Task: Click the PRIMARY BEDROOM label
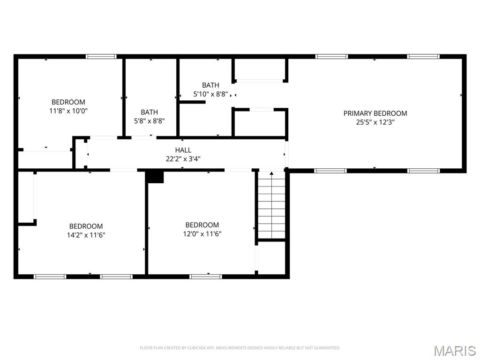(375, 113)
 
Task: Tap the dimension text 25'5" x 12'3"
(375, 122)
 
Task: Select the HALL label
(183, 150)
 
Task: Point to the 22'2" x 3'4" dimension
(183, 159)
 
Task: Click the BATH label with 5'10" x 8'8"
(210, 85)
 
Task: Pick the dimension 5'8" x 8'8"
(150, 121)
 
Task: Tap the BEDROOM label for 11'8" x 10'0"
(68, 102)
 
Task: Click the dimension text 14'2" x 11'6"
(86, 235)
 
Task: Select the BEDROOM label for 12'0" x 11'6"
(202, 225)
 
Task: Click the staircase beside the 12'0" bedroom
(271, 205)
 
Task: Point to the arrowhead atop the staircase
(271, 173)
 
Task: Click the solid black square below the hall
(154, 177)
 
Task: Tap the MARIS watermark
(455, 351)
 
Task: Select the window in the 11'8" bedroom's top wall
(101, 56)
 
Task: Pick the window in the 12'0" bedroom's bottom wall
(206, 277)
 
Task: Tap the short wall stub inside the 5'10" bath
(192, 102)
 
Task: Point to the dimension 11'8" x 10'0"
(68, 111)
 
